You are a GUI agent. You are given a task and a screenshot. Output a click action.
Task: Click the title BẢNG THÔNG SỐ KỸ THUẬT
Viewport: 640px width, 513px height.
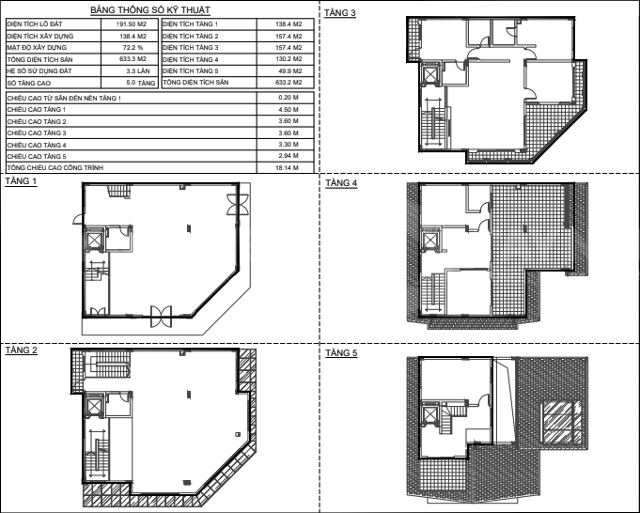click(150, 9)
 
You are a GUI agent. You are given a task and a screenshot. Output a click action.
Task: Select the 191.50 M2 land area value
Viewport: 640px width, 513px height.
click(131, 24)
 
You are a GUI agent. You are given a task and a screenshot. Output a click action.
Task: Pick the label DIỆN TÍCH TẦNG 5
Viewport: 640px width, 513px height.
click(191, 71)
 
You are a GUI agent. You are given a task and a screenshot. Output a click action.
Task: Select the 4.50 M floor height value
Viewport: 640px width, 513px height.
click(289, 109)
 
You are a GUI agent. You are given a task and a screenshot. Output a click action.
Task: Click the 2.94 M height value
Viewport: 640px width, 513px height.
click(289, 156)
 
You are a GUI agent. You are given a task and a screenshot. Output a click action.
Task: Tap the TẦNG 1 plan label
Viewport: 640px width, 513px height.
click(21, 181)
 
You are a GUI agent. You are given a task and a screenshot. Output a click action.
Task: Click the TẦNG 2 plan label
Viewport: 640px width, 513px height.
click(22, 350)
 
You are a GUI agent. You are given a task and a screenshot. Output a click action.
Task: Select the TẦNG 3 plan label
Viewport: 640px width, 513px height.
click(340, 12)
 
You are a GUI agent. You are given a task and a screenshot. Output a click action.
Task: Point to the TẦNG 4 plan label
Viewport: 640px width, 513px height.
click(341, 183)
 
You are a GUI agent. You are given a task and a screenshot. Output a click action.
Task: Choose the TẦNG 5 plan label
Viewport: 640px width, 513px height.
click(341, 352)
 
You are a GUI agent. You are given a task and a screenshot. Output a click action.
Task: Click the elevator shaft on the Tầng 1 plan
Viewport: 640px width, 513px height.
click(94, 240)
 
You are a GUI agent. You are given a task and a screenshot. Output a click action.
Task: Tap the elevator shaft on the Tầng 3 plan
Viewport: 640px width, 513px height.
click(430, 74)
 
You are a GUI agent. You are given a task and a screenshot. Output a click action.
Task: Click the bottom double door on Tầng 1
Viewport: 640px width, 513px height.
click(161, 317)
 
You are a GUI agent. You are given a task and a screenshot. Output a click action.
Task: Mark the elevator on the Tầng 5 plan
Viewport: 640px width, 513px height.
click(429, 414)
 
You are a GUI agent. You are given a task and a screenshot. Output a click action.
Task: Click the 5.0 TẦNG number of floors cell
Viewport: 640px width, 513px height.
click(141, 83)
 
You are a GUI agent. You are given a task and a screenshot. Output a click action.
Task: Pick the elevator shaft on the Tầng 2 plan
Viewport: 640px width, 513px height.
click(94, 407)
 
